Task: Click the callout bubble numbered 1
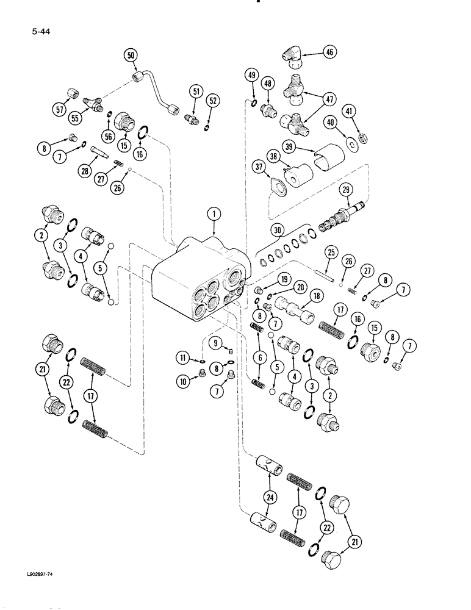[214, 215]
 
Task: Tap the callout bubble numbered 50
[131, 56]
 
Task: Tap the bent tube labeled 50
[162, 91]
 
